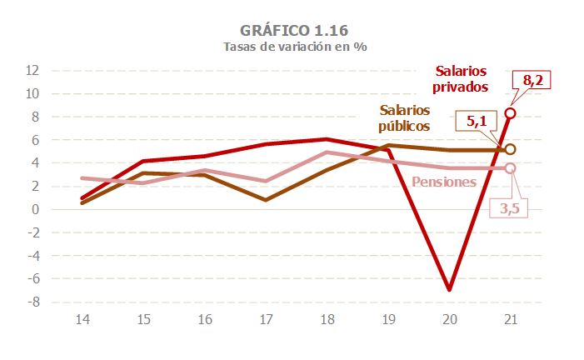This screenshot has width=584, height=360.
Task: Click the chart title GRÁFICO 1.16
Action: click(x=294, y=30)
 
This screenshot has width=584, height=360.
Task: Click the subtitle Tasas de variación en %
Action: click(x=294, y=47)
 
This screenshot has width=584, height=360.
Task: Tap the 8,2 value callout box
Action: click(x=532, y=81)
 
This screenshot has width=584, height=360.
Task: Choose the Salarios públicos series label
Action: click(x=404, y=118)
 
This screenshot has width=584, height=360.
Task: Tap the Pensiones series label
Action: click(x=443, y=182)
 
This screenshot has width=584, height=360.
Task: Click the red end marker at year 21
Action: click(x=510, y=113)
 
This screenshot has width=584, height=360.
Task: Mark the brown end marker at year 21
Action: click(x=510, y=150)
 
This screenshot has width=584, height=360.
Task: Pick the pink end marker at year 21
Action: click(x=510, y=168)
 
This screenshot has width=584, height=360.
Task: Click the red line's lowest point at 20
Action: click(x=450, y=289)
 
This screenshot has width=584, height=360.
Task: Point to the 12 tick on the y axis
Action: click(x=32, y=70)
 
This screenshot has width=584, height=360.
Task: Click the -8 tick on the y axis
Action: click(x=32, y=302)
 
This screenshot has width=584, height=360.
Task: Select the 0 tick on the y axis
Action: click(x=36, y=209)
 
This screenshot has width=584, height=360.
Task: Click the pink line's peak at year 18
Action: click(x=327, y=152)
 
